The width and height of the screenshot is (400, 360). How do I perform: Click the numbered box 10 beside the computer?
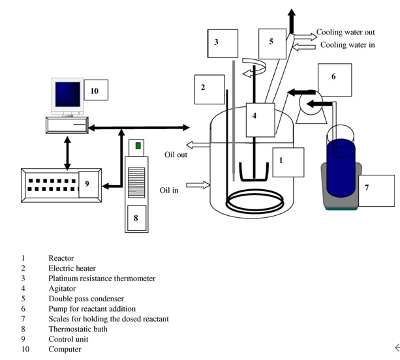95,91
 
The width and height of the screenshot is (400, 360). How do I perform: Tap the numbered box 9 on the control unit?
86,184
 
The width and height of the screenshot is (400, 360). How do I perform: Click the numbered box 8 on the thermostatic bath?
136,217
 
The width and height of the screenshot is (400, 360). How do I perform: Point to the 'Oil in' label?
169,190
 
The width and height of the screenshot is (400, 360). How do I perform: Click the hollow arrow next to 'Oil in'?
202,186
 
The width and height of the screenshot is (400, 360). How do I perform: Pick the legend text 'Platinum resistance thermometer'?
102,278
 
